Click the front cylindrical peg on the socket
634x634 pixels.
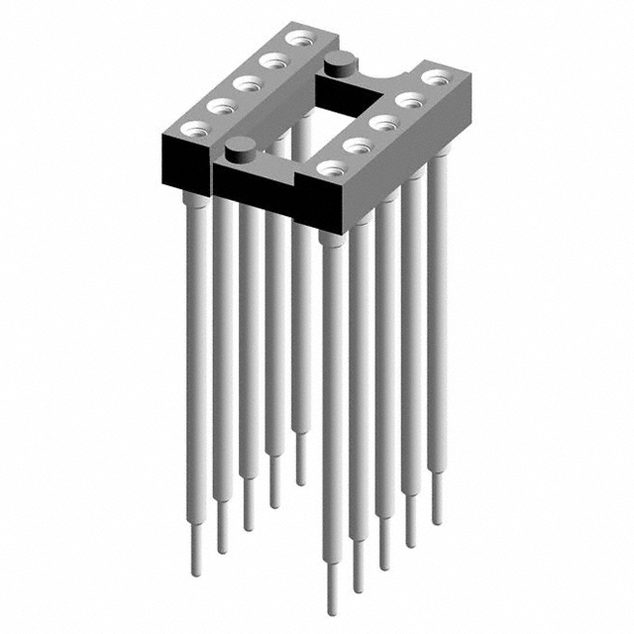coord(238,152)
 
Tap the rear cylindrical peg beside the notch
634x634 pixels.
coord(338,66)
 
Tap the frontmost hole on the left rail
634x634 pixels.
coord(195,128)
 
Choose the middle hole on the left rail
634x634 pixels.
coord(247,84)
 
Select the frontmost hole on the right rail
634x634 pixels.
coord(330,168)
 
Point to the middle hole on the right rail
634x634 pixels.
coord(379,123)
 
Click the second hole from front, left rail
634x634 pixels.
coord(221,106)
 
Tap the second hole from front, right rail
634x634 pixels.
coord(355,146)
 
